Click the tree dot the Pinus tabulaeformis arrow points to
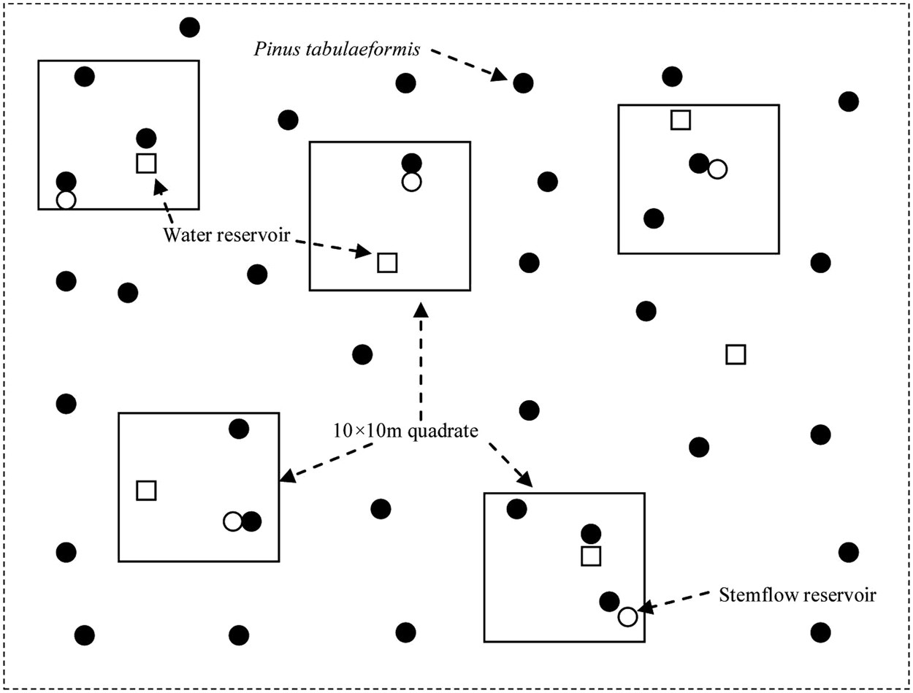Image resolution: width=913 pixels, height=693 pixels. [522, 83]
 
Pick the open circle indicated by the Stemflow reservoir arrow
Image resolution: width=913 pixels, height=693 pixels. [627, 616]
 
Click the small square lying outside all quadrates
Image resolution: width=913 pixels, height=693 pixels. [736, 355]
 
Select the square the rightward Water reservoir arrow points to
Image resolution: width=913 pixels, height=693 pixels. [386, 262]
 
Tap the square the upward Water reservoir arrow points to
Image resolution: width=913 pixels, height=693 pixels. [146, 163]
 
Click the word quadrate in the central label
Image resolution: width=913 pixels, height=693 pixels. [447, 430]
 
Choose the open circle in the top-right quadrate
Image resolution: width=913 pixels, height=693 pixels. [717, 169]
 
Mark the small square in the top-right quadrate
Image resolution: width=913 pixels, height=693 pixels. [681, 120]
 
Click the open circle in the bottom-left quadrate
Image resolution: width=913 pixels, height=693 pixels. [232, 521]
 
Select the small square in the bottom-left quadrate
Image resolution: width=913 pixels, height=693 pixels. [146, 490]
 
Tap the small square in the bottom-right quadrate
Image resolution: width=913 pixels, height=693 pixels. [591, 556]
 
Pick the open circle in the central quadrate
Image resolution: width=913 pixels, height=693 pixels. [411, 182]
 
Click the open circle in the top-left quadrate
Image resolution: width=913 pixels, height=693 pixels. [66, 199]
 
